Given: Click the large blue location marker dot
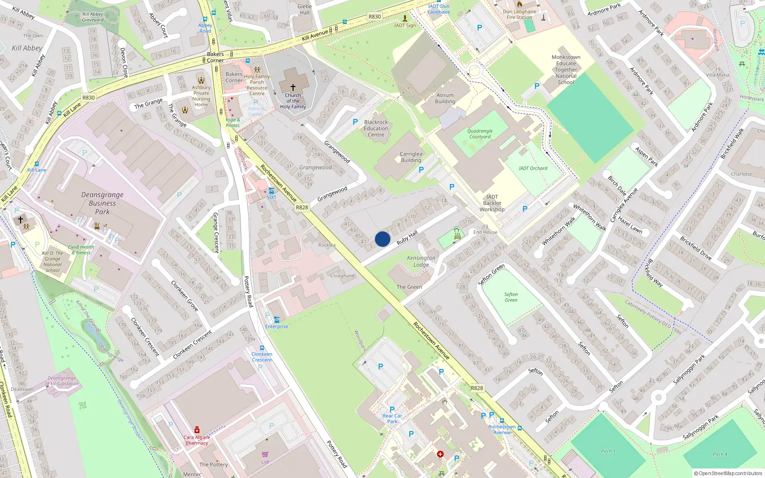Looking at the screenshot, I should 382,239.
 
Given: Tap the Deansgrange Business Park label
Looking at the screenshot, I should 102,203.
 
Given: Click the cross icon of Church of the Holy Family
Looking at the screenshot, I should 293,87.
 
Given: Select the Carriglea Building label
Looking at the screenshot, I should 411,157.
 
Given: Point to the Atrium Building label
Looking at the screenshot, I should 445,98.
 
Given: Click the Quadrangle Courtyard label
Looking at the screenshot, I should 480,134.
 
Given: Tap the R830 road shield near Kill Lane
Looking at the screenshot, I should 88,98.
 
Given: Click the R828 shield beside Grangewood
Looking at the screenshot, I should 302,207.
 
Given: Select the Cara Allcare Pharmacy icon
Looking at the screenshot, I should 197,430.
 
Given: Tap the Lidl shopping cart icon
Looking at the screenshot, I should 265,454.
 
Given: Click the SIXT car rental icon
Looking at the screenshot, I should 271,191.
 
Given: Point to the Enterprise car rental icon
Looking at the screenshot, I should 276,320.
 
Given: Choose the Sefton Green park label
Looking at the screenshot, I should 511,297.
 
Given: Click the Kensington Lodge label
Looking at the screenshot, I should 421,261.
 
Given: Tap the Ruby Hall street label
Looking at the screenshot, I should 407,238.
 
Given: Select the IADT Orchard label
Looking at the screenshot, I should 533,168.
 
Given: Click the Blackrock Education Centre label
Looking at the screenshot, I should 376,128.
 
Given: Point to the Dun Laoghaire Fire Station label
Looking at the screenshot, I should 520,14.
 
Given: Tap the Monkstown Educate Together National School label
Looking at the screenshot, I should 566,69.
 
